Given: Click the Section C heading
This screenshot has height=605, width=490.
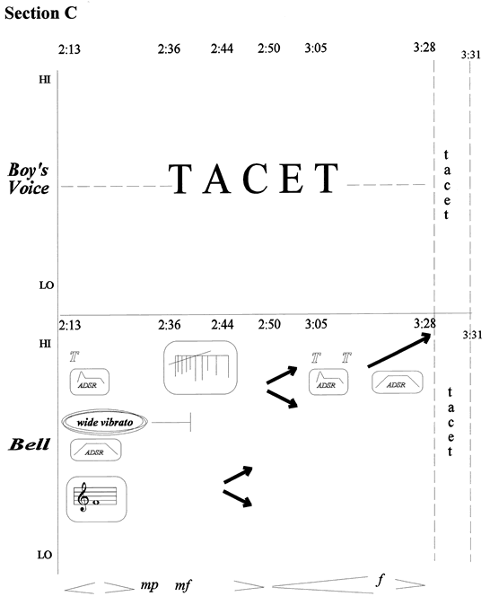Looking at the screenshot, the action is pyautogui.click(x=40, y=13).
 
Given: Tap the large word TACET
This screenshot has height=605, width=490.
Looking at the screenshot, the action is pyautogui.click(x=253, y=179).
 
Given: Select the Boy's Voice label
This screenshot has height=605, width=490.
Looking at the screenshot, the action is pyautogui.click(x=29, y=179).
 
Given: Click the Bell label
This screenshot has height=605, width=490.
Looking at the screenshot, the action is pyautogui.click(x=30, y=444).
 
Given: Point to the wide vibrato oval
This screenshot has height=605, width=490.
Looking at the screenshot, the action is pyautogui.click(x=105, y=422).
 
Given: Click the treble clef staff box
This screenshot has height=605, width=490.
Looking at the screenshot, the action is pyautogui.click(x=96, y=499).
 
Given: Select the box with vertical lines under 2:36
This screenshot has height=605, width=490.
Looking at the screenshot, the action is pyautogui.click(x=200, y=367).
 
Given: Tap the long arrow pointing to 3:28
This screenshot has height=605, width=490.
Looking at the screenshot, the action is pyautogui.click(x=399, y=350).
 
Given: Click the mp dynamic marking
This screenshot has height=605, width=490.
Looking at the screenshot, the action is pyautogui.click(x=149, y=585).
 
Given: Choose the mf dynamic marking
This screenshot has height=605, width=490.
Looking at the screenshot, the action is pyautogui.click(x=183, y=586).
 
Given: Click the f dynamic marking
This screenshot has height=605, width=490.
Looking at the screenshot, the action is pyautogui.click(x=381, y=580).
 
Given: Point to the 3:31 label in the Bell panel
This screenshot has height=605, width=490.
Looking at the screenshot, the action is pyautogui.click(x=472, y=335).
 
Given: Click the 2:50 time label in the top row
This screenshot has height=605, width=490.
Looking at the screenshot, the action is pyautogui.click(x=269, y=48).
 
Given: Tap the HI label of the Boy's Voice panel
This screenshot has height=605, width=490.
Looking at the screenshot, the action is pyautogui.click(x=45, y=80).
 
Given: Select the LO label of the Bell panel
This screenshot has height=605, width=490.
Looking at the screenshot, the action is pyautogui.click(x=45, y=555).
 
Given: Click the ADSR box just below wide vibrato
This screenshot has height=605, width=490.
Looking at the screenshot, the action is pyautogui.click(x=96, y=450).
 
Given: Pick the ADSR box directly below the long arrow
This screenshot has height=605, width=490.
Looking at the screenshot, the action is pyautogui.click(x=397, y=382).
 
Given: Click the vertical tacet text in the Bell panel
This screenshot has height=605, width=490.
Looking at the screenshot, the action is pyautogui.click(x=450, y=422).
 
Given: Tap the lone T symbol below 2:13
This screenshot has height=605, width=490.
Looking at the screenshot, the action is pyautogui.click(x=74, y=356).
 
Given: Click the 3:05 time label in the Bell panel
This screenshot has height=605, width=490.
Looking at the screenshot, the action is pyautogui.click(x=316, y=324).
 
